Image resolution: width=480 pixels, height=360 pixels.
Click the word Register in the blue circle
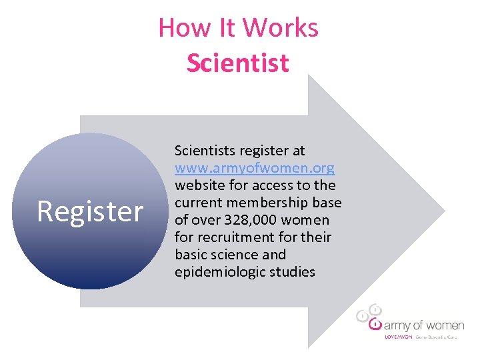point(90,211)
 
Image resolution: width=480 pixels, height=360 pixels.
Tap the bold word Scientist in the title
point(238,63)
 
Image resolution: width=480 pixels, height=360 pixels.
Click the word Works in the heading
point(280,28)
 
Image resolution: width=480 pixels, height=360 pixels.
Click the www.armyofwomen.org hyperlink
point(255,168)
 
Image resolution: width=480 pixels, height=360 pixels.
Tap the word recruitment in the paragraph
point(237,237)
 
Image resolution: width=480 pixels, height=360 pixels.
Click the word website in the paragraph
point(201,185)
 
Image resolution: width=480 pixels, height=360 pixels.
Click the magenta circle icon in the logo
point(376,325)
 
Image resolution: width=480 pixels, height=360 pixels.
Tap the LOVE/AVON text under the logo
point(399,337)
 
